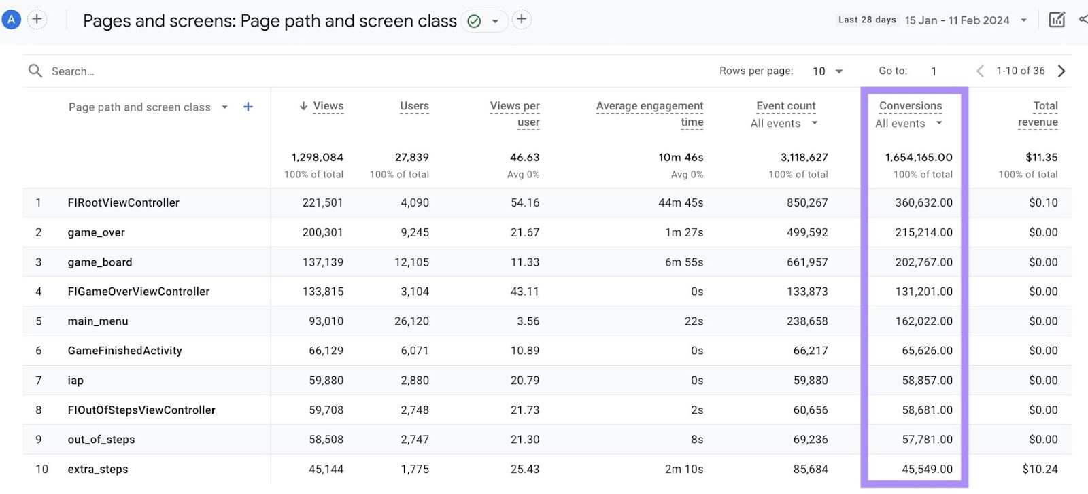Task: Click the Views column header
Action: click(x=328, y=106)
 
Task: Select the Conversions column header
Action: click(x=910, y=106)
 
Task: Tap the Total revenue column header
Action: click(x=1038, y=114)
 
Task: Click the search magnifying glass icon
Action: click(x=35, y=71)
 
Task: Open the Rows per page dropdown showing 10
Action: click(x=828, y=71)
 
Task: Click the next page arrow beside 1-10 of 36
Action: click(x=1061, y=71)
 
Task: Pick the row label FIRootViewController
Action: click(x=124, y=202)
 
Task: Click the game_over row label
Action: click(x=97, y=232)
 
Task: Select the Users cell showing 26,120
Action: click(x=411, y=321)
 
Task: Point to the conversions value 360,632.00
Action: click(x=923, y=202)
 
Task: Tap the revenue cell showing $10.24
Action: click(x=1040, y=470)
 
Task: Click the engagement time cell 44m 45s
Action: click(x=681, y=202)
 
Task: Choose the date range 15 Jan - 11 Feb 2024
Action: click(x=957, y=20)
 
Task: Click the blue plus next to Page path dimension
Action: click(x=248, y=107)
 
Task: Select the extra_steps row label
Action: click(x=98, y=470)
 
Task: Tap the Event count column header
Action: click(x=785, y=106)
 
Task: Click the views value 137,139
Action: click(x=322, y=262)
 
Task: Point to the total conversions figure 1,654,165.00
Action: click(x=918, y=158)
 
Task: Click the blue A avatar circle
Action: click(x=11, y=20)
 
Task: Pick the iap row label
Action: click(x=75, y=381)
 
